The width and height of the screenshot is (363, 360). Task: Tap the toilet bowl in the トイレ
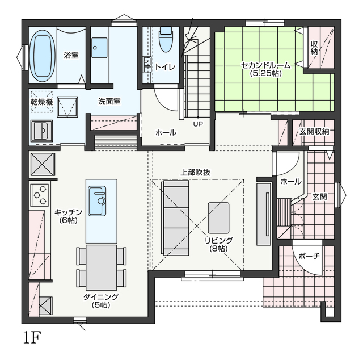click(166, 39)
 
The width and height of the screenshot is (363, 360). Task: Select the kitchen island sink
click(97, 200)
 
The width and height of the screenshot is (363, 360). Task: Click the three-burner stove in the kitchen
click(39, 195)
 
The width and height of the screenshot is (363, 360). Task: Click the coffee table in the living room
click(218, 218)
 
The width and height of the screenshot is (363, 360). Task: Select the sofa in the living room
click(176, 218)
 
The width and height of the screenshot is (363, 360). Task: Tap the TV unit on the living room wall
click(264, 214)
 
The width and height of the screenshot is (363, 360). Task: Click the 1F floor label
click(32, 338)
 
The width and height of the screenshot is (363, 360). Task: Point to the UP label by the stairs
click(198, 124)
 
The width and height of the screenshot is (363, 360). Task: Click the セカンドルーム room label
click(266, 66)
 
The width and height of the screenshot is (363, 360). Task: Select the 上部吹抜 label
click(195, 173)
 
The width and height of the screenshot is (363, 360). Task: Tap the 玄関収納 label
click(314, 132)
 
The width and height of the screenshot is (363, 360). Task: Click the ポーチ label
click(309, 256)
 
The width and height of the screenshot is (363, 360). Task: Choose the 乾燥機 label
click(41, 102)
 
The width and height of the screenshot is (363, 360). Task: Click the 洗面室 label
click(109, 102)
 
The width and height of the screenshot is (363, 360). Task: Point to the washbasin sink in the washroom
click(99, 48)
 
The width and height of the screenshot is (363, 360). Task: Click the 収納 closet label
click(314, 48)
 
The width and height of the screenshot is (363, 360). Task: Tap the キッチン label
click(69, 212)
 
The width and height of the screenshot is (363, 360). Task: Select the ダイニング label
click(101, 297)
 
